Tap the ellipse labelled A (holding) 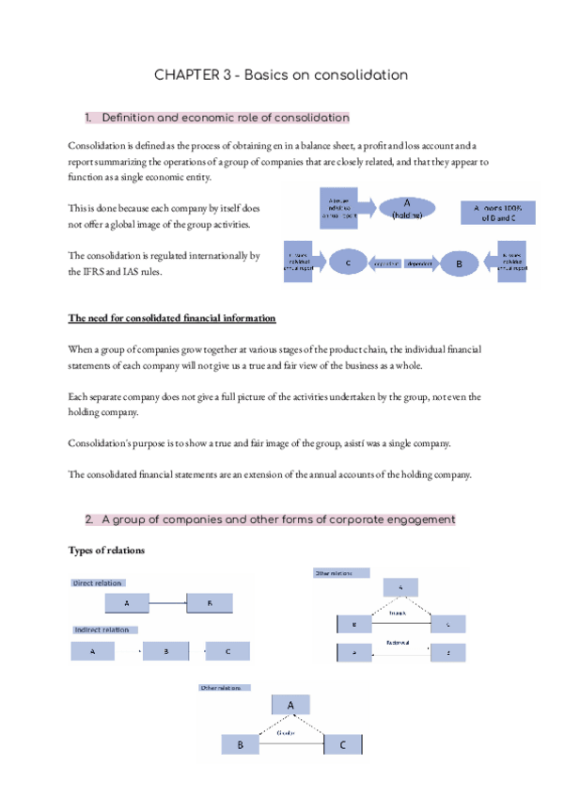[407, 209]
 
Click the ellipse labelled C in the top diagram [348, 263]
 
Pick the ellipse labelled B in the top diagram [460, 264]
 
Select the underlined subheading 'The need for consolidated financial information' [172, 317]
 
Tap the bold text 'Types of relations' [106, 550]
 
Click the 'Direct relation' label [98, 583]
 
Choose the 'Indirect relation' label [102, 630]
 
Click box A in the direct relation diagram [126, 603]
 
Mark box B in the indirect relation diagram [165, 650]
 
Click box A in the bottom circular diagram [290, 705]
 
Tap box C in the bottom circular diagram [342, 745]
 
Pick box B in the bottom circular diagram [240, 745]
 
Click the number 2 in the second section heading [87, 519]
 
